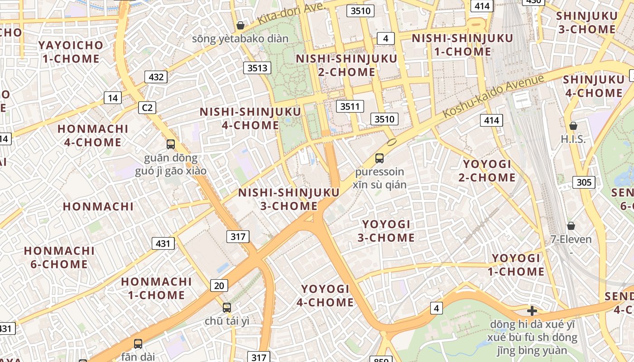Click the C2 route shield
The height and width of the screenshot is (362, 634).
click(x=147, y=108)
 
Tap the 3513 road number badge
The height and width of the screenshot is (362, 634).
click(x=257, y=68)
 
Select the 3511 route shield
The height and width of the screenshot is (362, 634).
click(x=350, y=107)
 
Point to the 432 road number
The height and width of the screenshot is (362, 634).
click(x=156, y=77)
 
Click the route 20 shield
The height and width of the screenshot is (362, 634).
click(x=219, y=285)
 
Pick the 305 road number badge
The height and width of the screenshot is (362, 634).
click(x=584, y=182)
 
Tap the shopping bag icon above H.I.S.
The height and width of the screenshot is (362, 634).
click(x=573, y=126)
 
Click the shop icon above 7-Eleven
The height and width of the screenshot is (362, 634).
click(x=571, y=225)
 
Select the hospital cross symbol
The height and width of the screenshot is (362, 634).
click(x=532, y=311)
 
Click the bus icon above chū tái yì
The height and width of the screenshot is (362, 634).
click(x=227, y=308)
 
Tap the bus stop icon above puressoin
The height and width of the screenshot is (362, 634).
click(x=379, y=158)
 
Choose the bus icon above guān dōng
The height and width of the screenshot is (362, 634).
click(x=171, y=144)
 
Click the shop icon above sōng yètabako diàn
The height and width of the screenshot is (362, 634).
click(x=240, y=25)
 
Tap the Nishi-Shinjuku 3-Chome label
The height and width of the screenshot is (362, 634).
click(x=289, y=199)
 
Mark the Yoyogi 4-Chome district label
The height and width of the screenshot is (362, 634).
click(x=325, y=295)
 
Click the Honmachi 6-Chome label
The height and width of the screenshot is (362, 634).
click(x=59, y=257)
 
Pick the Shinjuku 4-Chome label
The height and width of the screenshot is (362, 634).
click(x=592, y=86)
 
